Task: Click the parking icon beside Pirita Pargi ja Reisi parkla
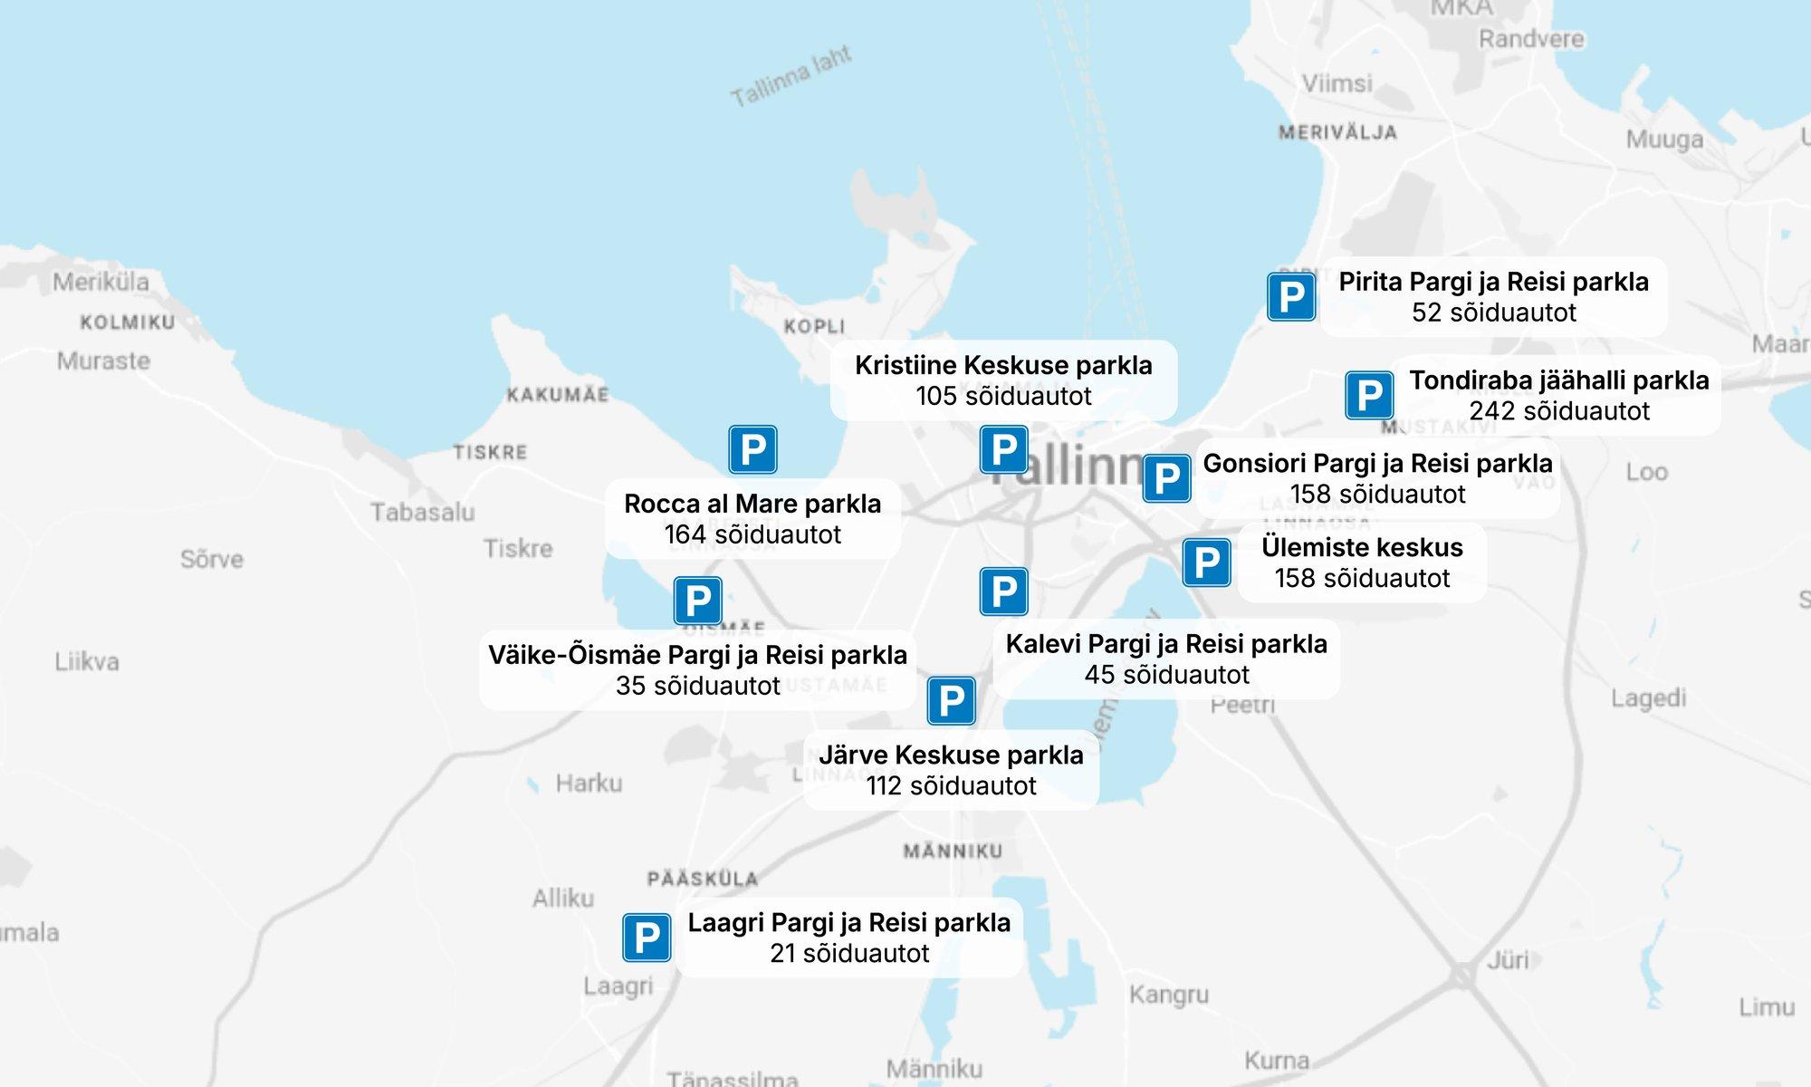(1291, 296)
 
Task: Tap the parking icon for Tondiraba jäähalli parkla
(1369, 395)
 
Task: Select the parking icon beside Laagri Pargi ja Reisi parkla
(647, 938)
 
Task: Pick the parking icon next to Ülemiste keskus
(1207, 563)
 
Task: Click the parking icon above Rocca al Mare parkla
(752, 449)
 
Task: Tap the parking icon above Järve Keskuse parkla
(951, 700)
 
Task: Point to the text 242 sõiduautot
(1558, 411)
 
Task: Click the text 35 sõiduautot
(697, 686)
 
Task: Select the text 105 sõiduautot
(1003, 396)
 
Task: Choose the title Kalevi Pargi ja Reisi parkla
(1166, 644)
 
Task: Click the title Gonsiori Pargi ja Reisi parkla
(1377, 464)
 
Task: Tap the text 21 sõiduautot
(849, 953)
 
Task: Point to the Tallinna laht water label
(791, 76)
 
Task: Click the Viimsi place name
(1337, 83)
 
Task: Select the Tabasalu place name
(422, 512)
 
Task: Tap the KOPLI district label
(814, 326)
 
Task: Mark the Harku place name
(589, 783)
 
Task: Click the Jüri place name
(1508, 960)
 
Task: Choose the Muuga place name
(1664, 139)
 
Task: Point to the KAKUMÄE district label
(557, 395)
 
